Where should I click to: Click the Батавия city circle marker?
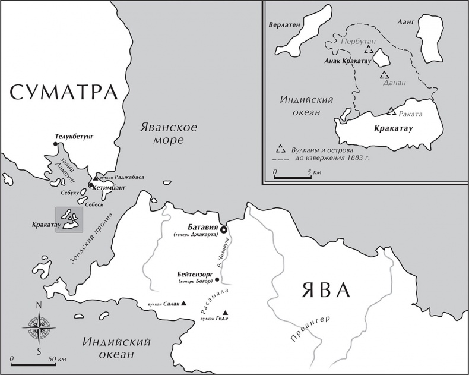[224, 230]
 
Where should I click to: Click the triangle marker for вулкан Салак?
[184, 303]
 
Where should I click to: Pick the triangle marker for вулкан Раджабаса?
[95, 178]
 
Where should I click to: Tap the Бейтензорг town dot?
[217, 279]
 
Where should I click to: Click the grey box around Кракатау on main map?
[69, 220]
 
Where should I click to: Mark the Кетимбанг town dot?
[90, 186]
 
